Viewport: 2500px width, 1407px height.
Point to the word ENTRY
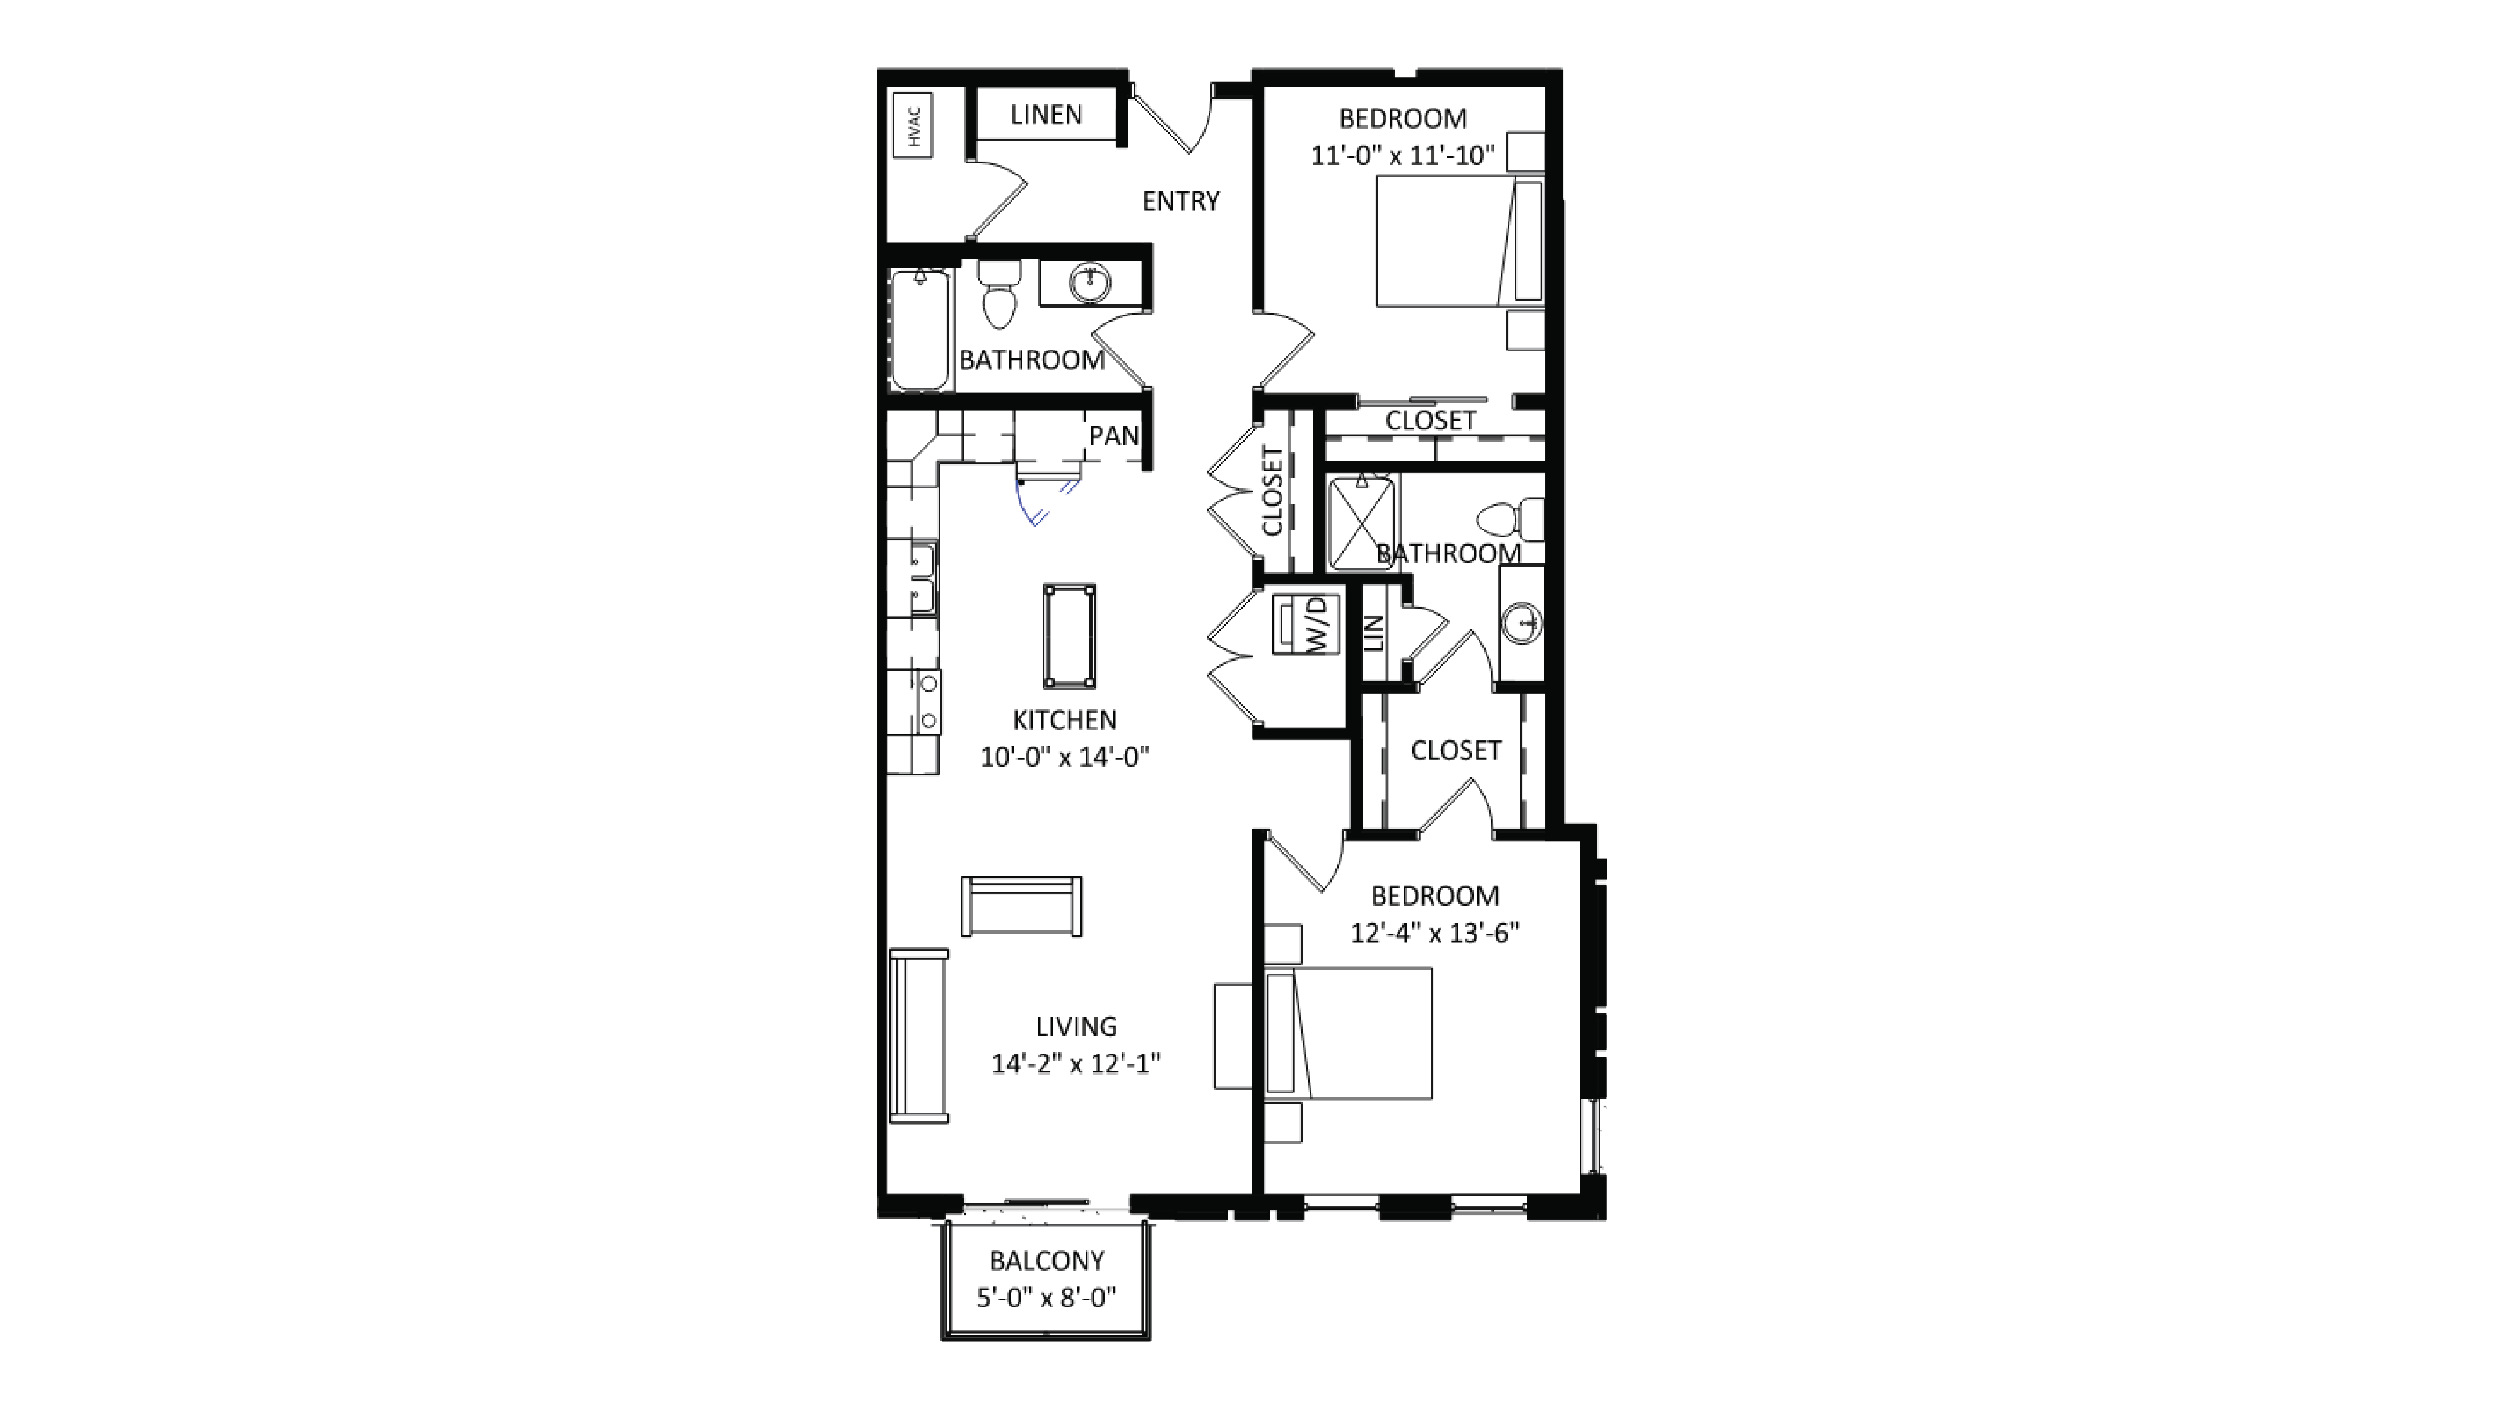point(1180,201)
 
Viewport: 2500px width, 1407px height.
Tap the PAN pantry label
point(1113,436)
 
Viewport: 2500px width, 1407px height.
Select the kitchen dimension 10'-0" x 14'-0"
point(1065,757)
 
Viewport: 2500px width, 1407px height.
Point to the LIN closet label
point(1373,633)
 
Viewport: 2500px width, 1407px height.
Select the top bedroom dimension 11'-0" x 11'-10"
point(1402,155)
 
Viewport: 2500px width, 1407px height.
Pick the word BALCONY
point(1046,1260)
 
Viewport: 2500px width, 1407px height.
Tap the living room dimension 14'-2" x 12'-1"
point(1075,1064)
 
